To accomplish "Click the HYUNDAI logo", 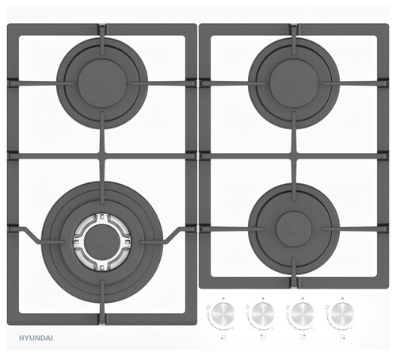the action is coord(36,338).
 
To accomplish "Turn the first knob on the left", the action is coord(223,313).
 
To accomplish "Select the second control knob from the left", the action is coord(263,313).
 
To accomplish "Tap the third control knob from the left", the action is coord(303,313).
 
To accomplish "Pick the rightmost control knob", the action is coord(342,313).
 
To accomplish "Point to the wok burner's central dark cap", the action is coord(102,243).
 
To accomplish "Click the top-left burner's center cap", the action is coord(102,83).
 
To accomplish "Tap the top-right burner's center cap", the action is coord(294,83).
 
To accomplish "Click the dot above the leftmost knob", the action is coord(223,298).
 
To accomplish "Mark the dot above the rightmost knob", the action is coord(342,298).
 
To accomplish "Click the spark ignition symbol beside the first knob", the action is coord(208,307).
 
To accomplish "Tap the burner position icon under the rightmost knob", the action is coord(343,337).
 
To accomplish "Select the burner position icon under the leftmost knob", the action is coord(223,337).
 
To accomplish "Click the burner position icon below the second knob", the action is coord(263,337).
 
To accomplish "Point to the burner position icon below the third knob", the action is coord(303,337).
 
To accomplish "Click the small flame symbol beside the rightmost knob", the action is coord(352,328).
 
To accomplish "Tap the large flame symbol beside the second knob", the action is coord(248,314).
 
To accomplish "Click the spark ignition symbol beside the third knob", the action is coord(287,307).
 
